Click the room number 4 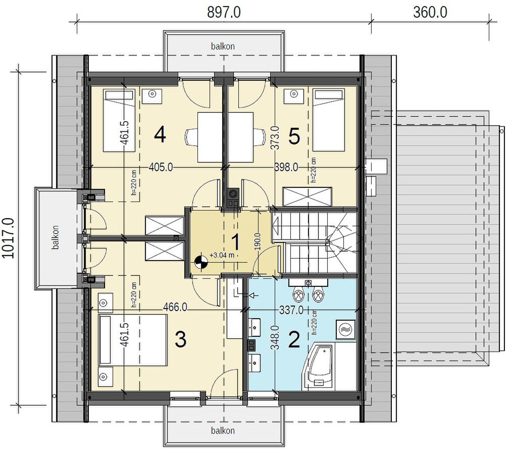160,135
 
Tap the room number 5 294,136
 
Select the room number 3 181,339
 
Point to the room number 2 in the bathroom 294,339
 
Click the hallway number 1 236,242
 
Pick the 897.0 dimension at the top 224,13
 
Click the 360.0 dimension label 430,13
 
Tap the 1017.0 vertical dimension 8,238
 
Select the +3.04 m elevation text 222,255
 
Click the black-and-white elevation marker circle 201,262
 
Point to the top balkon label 223,46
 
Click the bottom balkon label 223,430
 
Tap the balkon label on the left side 56,237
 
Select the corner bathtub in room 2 319,368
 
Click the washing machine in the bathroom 346,329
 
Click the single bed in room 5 329,121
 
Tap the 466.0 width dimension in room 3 175,308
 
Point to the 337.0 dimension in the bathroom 291,310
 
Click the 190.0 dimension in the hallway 258,241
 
